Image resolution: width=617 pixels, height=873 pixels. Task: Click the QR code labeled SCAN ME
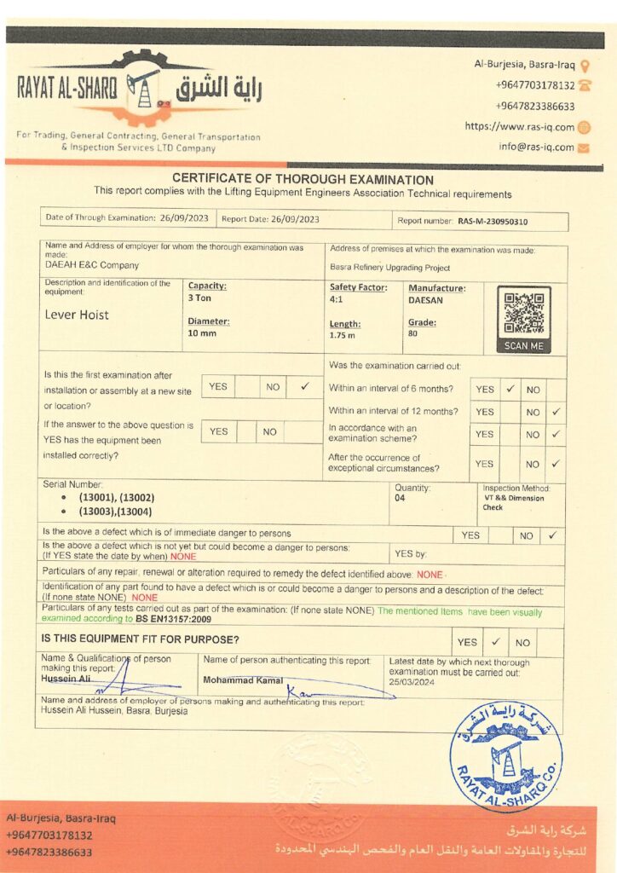point(523,313)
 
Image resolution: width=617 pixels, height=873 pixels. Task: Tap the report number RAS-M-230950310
point(493,222)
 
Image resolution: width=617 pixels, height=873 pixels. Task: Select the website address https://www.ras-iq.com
point(519,126)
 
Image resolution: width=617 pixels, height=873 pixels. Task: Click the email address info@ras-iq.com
point(536,147)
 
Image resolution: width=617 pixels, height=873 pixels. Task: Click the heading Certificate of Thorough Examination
point(303,180)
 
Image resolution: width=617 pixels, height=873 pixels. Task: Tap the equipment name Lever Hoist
point(77,315)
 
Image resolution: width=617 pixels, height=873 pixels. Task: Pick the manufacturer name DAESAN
point(425,300)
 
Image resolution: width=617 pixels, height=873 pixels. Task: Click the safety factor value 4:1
point(337,300)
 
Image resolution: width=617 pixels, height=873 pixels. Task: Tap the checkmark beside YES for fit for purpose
point(495,642)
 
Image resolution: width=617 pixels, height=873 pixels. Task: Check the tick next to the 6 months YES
point(510,389)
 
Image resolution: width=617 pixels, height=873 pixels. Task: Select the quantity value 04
point(400,497)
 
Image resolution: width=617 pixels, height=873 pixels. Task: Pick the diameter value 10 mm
point(202,333)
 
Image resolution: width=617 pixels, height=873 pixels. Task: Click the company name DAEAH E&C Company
point(92,265)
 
